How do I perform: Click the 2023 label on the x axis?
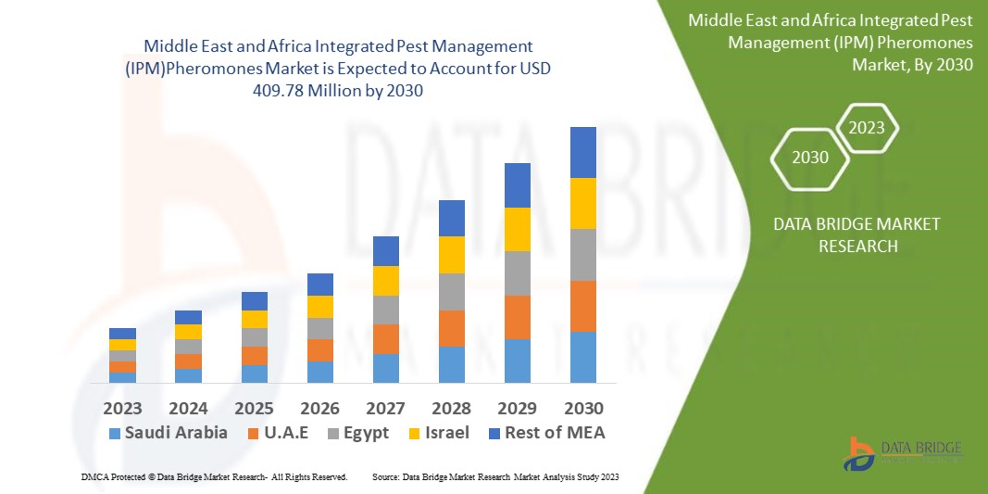point(122,408)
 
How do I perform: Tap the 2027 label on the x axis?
point(385,408)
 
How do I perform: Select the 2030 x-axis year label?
point(583,408)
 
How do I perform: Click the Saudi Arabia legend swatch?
point(115,433)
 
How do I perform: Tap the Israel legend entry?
point(440,433)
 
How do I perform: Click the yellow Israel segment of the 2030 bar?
point(583,203)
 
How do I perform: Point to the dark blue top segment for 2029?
point(518,185)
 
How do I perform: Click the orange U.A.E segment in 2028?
point(452,328)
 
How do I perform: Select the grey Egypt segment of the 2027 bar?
point(385,310)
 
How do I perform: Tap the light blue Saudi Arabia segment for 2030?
point(583,357)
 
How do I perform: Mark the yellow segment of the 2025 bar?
point(254,319)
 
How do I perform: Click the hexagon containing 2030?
point(810,158)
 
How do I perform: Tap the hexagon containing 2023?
point(867,128)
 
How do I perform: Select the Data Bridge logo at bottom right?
point(903,451)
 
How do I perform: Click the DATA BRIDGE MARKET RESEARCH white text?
point(843,235)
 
